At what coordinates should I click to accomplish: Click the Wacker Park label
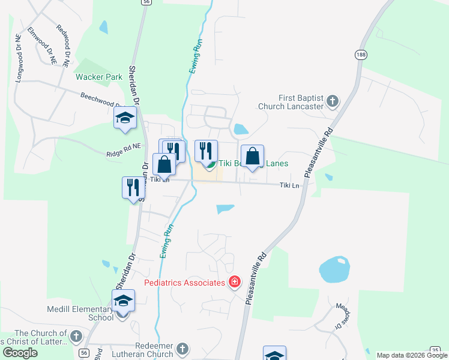point(99,77)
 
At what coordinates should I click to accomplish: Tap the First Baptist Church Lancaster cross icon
point(333,101)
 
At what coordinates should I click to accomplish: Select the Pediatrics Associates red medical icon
point(235,282)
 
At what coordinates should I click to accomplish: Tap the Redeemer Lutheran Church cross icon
point(182,348)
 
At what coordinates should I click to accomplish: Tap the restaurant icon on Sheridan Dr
point(133,187)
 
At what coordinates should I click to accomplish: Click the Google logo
point(20,353)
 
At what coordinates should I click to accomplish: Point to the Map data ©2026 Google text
point(412,355)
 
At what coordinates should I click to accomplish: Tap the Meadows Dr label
point(340,315)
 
